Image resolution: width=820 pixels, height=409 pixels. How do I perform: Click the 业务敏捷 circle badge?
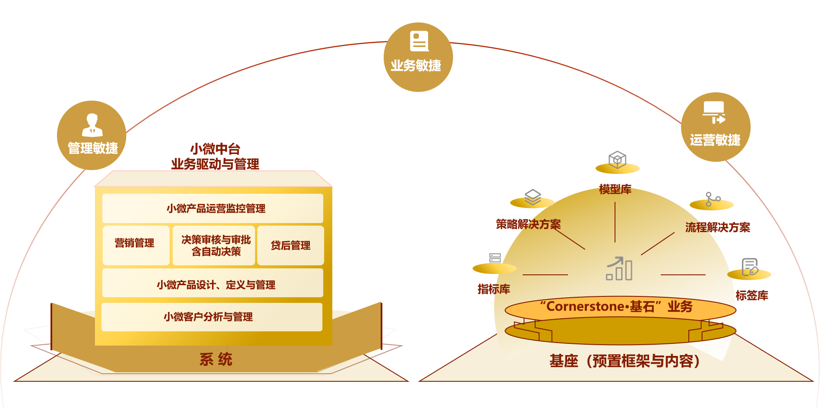418,57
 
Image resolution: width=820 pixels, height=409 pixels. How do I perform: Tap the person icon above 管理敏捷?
92,125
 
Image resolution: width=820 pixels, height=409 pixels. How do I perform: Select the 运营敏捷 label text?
715,140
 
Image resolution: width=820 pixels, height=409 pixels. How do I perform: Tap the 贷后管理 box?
290,245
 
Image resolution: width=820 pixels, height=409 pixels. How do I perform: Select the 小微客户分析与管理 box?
211,317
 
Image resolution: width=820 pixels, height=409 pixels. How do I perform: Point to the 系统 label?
216,359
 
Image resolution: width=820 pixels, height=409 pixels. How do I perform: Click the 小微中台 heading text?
215,149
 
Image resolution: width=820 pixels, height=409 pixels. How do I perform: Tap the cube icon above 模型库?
617,159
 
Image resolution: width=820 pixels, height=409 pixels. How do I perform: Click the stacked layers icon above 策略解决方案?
533,197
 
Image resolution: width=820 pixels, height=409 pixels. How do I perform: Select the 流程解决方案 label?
717,227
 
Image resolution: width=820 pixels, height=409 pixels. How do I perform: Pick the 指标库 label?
494,289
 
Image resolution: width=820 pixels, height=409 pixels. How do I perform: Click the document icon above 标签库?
750,267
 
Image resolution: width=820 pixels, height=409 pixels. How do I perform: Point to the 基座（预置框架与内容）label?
624,361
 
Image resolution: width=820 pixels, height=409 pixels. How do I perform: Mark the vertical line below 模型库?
615,222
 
